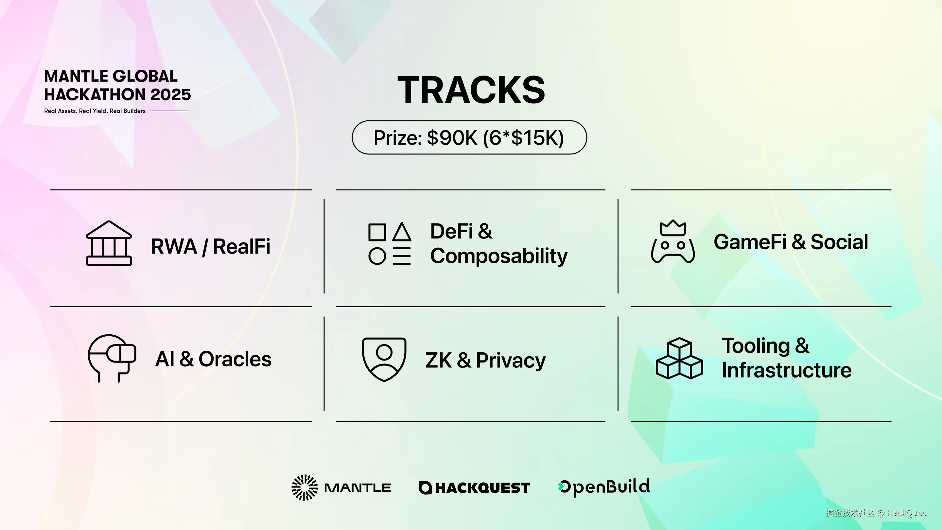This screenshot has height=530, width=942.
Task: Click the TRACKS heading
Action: click(x=471, y=90)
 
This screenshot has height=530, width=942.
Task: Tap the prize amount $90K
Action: click(x=452, y=138)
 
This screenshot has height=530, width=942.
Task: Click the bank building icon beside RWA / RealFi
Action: click(x=109, y=243)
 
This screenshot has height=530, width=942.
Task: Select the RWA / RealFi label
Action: click(x=211, y=246)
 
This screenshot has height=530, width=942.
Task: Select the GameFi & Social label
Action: click(x=791, y=242)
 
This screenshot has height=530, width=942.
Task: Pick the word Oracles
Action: click(x=235, y=359)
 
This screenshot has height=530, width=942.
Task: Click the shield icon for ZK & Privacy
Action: click(x=384, y=359)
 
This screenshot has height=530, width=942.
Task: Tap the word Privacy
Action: click(x=511, y=361)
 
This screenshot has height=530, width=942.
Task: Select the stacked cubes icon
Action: click(x=679, y=358)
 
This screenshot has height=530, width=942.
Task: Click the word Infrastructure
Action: click(x=787, y=370)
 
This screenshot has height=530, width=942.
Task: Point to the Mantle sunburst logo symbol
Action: click(x=305, y=487)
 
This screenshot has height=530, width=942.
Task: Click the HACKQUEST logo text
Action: click(x=483, y=488)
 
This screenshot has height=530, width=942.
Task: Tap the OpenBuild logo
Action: click(x=604, y=487)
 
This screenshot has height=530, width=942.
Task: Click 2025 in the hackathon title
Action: click(x=170, y=95)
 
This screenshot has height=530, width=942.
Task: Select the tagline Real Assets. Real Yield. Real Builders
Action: click(x=95, y=111)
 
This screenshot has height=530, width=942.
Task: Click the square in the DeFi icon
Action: click(x=377, y=232)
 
